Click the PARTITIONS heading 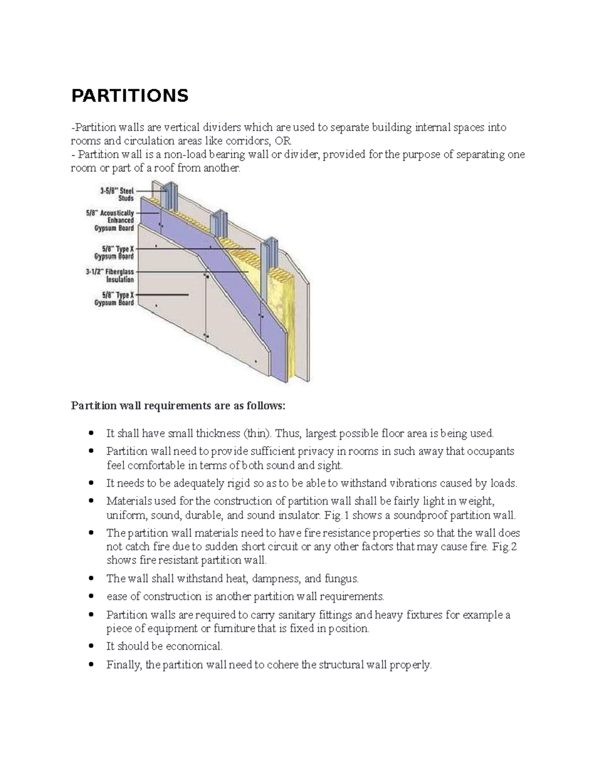[130, 95]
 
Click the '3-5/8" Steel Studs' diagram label [116, 195]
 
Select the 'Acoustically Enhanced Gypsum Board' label [110, 220]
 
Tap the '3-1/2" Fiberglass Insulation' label [110, 275]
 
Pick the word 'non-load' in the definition [170, 154]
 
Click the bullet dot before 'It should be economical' [91, 646]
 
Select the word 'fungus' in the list [341, 578]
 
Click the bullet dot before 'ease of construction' [91, 597]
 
